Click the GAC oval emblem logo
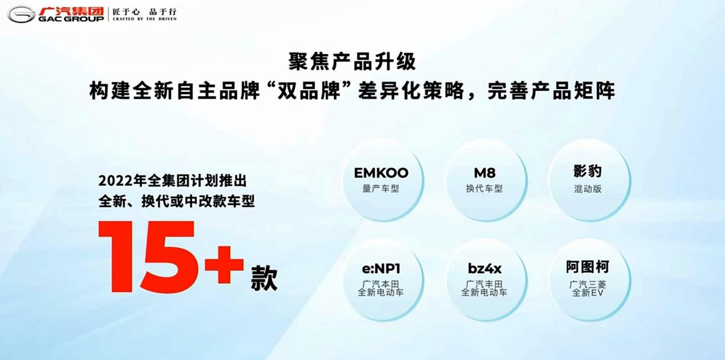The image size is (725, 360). (x=21, y=14)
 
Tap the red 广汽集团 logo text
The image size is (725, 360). (x=71, y=11)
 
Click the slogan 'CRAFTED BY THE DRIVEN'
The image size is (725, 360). (x=145, y=19)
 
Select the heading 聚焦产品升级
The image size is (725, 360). (x=352, y=62)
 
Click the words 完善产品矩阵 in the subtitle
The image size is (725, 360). (x=551, y=91)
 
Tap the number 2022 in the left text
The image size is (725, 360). (x=113, y=181)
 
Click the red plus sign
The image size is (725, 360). (x=224, y=265)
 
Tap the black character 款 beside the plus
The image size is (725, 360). (x=264, y=278)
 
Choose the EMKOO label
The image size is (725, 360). (x=381, y=173)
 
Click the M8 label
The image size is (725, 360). (x=484, y=173)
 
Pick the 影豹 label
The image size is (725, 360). (x=587, y=171)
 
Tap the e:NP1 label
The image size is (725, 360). (x=381, y=269)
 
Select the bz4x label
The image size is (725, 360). (x=484, y=269)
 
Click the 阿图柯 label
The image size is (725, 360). (x=587, y=267)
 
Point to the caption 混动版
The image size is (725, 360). (x=587, y=189)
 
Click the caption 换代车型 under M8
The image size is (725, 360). (x=484, y=189)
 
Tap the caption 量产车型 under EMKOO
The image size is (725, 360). (x=380, y=189)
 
